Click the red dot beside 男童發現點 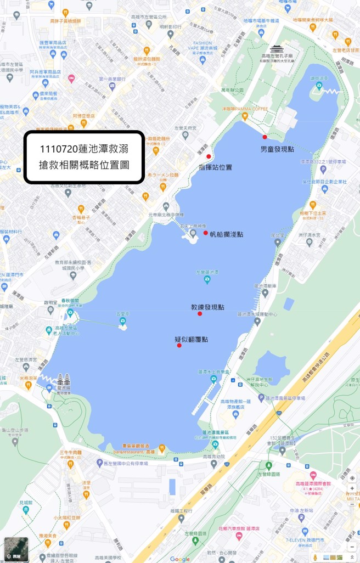(x=265, y=137)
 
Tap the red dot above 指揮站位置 (x=209, y=156)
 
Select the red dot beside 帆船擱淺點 (x=206, y=233)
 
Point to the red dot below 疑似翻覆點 (x=179, y=345)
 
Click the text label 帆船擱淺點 (x=227, y=234)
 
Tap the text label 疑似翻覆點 (x=191, y=339)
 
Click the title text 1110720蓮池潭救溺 (x=84, y=149)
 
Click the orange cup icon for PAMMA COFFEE (x=245, y=116)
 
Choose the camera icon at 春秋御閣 (x=70, y=313)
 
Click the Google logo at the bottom (x=180, y=559)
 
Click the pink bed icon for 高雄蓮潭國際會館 (x=313, y=475)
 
